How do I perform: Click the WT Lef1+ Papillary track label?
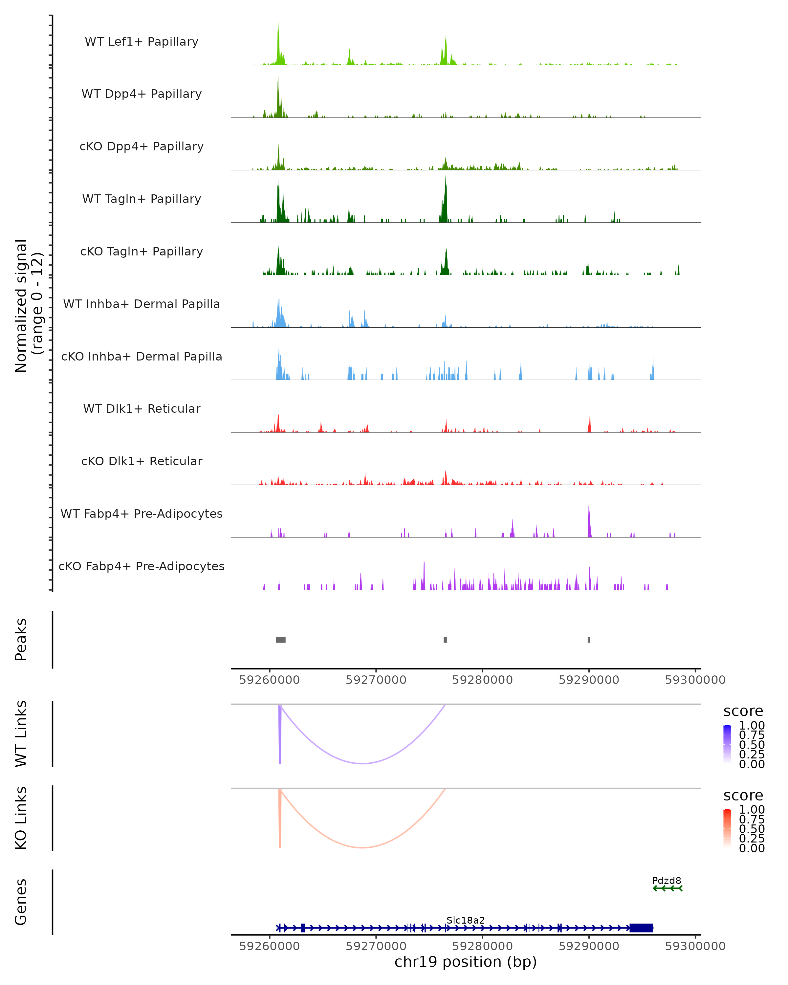[142, 42]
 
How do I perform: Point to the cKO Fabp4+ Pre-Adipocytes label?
[142, 566]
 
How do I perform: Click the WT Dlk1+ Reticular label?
[142, 408]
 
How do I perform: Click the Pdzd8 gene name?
[666, 880]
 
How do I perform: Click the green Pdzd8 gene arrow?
[668, 888]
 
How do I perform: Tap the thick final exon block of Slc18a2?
[641, 928]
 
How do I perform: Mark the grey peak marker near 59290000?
[589, 640]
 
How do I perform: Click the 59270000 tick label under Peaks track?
[376, 680]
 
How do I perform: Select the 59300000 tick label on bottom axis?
[695, 946]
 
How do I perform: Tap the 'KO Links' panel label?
[21, 818]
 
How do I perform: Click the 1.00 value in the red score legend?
[752, 810]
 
